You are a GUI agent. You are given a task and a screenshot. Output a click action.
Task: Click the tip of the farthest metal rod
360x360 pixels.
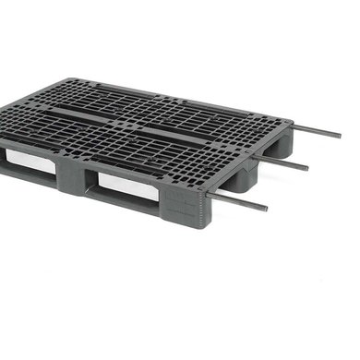coord(339,136)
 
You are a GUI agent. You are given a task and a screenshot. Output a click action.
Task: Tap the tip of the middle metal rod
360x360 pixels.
coord(305,167)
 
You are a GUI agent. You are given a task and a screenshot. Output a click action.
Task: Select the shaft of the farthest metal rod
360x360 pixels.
coord(317,130)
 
